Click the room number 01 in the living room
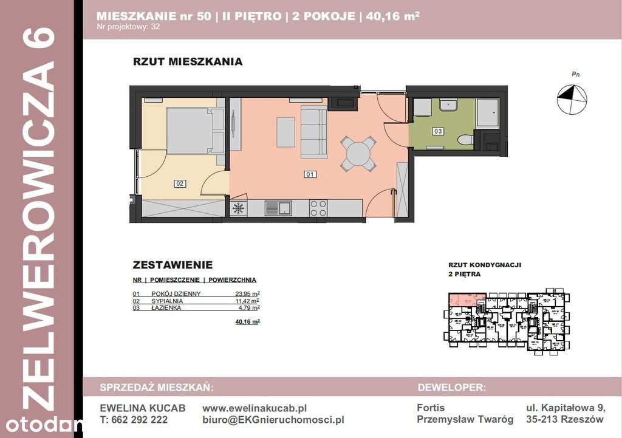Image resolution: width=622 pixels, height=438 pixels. (310, 175)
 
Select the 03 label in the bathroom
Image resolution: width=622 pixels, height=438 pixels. (437, 131)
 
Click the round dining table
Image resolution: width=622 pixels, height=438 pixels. (358, 153)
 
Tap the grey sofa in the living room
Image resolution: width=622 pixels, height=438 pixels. (314, 131)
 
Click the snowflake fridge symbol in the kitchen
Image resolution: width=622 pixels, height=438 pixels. (239, 208)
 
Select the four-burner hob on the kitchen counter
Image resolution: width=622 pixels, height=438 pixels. (319, 208)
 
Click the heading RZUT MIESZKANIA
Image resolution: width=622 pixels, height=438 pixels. (188, 61)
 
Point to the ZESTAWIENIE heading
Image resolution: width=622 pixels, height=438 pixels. (173, 265)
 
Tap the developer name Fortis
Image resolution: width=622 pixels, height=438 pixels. (431, 408)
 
